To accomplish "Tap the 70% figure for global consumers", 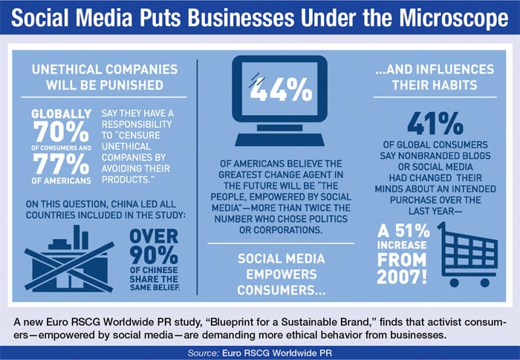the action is click(61, 131).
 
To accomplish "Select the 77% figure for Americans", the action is click(61, 164).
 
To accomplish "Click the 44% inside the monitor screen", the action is click(281, 90).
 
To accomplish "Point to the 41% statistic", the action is click(435, 124).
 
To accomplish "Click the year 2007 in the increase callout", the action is click(402, 276).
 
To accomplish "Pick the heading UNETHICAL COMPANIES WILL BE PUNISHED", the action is click(105, 77).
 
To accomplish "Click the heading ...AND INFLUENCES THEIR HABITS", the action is click(435, 77).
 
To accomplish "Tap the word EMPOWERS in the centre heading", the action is click(282, 275).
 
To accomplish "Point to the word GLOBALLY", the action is click(62, 114).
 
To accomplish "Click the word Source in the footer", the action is click(204, 353).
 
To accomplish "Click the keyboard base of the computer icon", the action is click(279, 140).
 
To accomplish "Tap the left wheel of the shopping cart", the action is click(455, 283).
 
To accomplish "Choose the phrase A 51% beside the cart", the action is click(403, 231).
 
